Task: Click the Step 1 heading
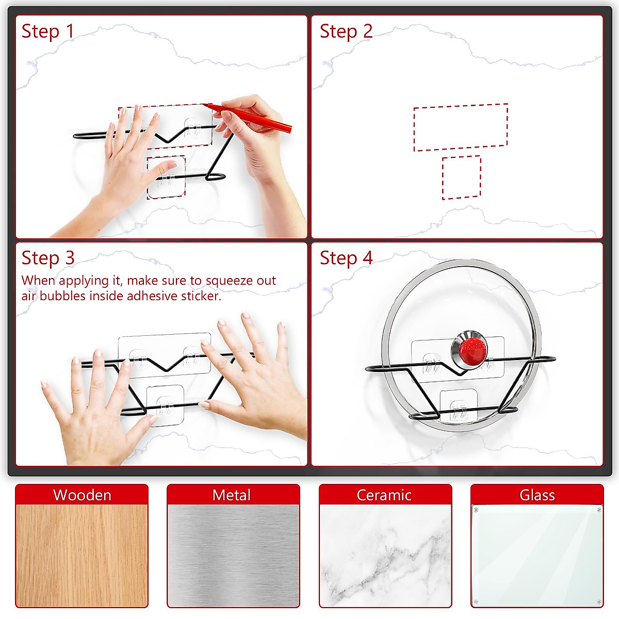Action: [47, 31]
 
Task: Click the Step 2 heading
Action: [346, 31]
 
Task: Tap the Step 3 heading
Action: [48, 258]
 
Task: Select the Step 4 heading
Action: [346, 258]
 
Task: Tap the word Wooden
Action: [82, 495]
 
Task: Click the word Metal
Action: [231, 495]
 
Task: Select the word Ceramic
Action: [384, 495]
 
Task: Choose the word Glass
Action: [537, 495]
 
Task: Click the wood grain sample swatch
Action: [82, 556]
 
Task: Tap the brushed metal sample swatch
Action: [233, 556]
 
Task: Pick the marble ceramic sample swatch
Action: [385, 556]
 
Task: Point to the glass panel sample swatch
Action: [537, 556]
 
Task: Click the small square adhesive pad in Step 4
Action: [459, 406]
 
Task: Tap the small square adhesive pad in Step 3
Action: [166, 405]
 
